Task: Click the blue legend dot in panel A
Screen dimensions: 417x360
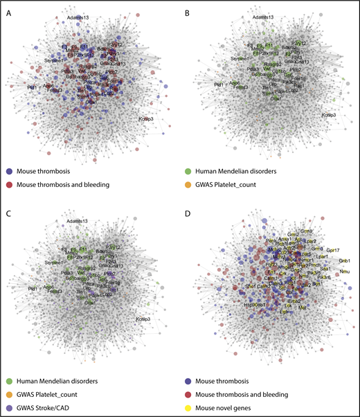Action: tap(9, 170)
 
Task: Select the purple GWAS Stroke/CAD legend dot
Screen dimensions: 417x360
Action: tap(9, 408)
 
